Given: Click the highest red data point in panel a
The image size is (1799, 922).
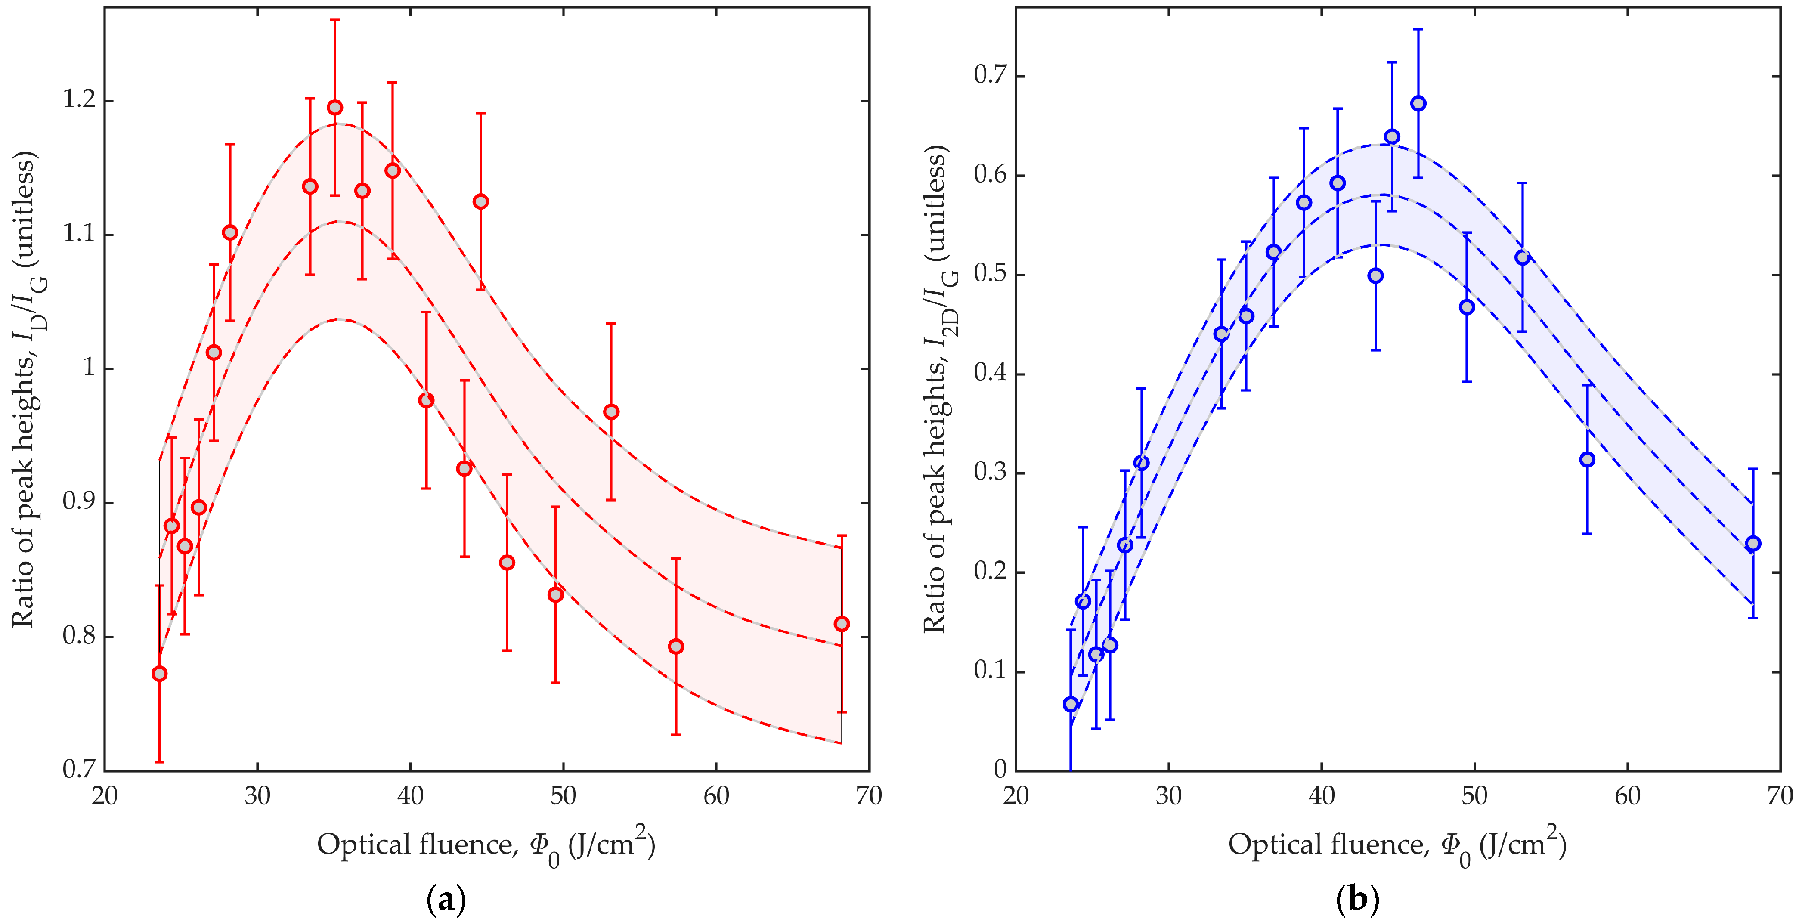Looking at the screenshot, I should point(335,108).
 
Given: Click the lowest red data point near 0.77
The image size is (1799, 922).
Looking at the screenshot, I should point(159,673).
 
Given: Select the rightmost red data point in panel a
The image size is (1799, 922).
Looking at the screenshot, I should point(842,624).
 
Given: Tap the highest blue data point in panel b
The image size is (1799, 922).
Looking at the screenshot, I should point(1418,103).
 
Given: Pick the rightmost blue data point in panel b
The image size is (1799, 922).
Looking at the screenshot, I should point(1753,543).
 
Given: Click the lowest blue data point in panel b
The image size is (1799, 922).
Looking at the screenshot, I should point(1071,704).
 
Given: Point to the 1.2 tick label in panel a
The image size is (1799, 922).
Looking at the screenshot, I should point(79,100).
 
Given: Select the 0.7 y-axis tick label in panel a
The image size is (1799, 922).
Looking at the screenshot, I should point(79,769).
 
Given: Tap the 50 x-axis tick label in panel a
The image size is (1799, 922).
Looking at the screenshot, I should point(563,795).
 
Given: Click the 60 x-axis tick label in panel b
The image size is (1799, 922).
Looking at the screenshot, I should point(1627,795).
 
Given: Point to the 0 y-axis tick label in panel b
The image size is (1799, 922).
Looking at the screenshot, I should point(1000,769).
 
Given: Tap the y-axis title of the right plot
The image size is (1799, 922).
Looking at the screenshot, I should point(939,389).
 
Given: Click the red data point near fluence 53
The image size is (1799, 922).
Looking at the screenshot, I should point(611,412).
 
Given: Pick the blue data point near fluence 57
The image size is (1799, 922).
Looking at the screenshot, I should point(1587,460).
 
